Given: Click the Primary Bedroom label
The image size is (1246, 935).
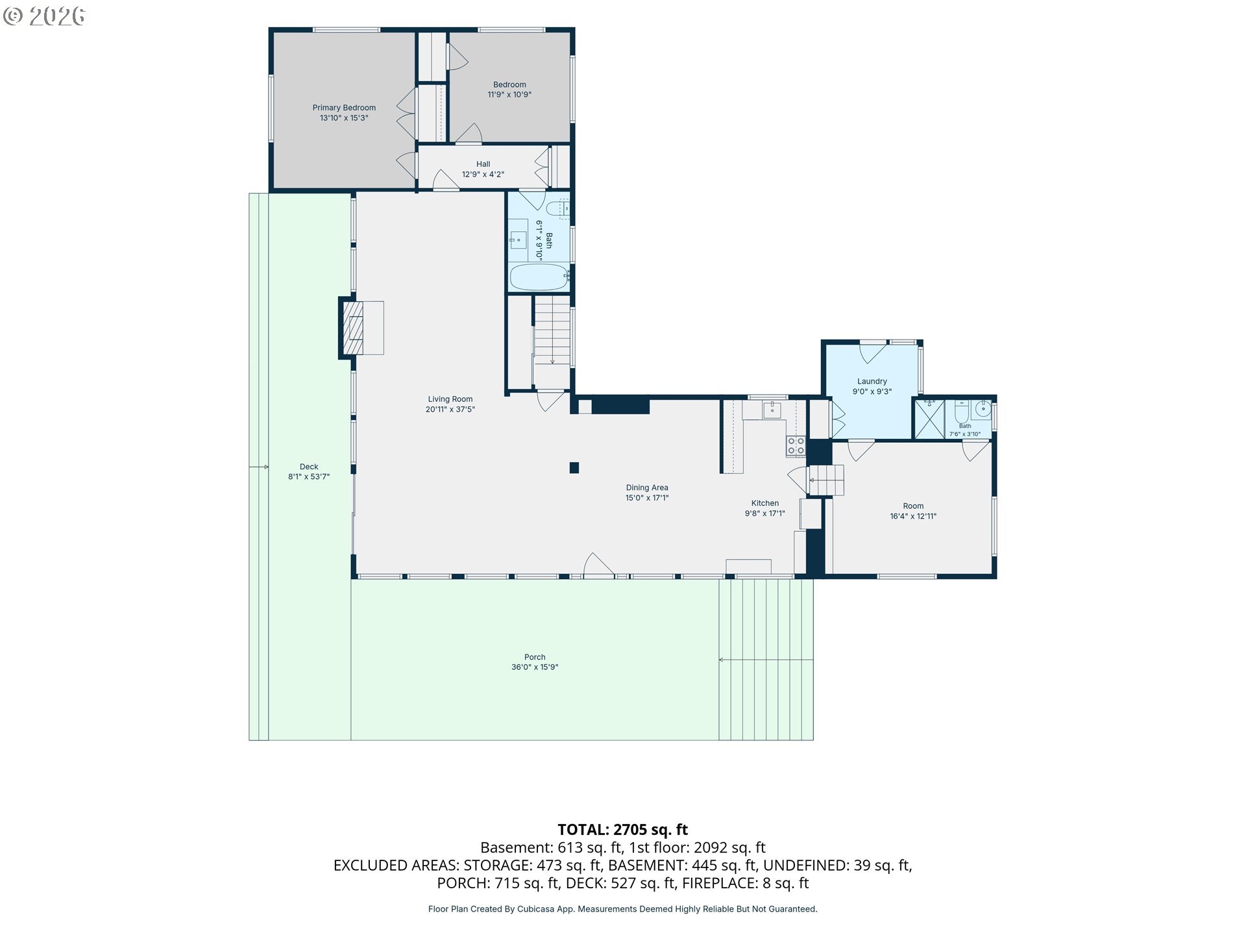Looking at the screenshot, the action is pyautogui.click(x=344, y=112).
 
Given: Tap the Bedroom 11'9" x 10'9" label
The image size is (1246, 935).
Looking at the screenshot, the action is pyautogui.click(x=509, y=89).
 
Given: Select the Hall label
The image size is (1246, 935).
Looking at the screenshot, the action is pyautogui.click(x=483, y=169).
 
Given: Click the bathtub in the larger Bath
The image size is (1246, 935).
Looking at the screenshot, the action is pyautogui.click(x=539, y=277).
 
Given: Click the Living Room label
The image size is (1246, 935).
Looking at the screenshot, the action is pyautogui.click(x=450, y=404).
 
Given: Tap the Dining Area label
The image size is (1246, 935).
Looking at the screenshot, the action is pyautogui.click(x=647, y=492).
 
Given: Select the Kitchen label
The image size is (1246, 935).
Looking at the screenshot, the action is pyautogui.click(x=765, y=508).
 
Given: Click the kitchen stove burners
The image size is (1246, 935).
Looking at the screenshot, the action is pyautogui.click(x=796, y=445).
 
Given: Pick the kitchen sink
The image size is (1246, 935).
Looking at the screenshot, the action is pyautogui.click(x=772, y=410).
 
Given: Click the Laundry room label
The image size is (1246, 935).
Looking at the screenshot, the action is pyautogui.click(x=872, y=386).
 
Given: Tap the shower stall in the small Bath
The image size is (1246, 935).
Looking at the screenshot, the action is pyautogui.click(x=929, y=419).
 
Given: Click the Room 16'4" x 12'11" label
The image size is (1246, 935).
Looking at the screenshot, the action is pyautogui.click(x=913, y=511).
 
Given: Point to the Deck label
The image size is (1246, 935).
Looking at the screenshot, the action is pyautogui.click(x=309, y=471).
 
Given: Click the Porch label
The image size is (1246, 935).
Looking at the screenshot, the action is pyautogui.click(x=535, y=662).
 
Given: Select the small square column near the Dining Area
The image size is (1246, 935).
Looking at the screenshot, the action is pyautogui.click(x=574, y=467).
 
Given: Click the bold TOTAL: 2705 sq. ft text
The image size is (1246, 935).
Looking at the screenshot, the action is pyautogui.click(x=623, y=830).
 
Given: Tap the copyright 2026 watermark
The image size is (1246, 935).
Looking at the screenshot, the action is pyautogui.click(x=44, y=16).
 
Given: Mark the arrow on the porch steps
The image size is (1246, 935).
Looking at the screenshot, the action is pyautogui.click(x=766, y=660).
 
